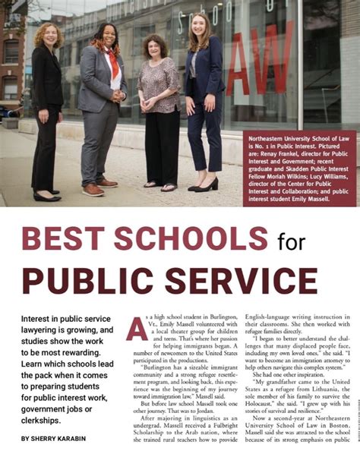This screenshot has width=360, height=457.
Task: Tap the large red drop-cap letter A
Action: pyautogui.click(x=137, y=327)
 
